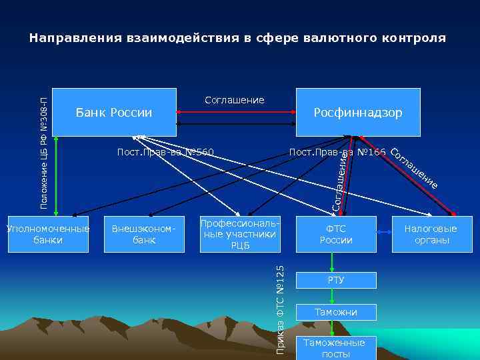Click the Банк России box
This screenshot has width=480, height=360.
click(x=114, y=112)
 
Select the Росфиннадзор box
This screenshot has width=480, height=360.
click(x=358, y=112)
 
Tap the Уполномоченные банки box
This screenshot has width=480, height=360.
click(x=48, y=234)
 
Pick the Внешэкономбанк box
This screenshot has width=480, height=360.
click(x=144, y=234)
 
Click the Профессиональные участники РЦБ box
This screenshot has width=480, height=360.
click(x=240, y=234)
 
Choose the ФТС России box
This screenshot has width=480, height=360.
click(x=336, y=234)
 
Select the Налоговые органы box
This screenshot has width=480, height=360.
click(x=431, y=234)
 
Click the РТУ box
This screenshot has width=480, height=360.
click(x=336, y=280)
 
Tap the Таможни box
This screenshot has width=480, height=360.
click(x=336, y=312)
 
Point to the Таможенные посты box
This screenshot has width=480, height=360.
click(x=334, y=347)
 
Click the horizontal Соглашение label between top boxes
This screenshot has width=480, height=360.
click(x=234, y=100)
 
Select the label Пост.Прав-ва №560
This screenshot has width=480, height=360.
click(x=165, y=153)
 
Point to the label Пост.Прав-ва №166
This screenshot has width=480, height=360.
click(x=337, y=153)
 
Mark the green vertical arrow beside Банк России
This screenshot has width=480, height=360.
click(x=57, y=175)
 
